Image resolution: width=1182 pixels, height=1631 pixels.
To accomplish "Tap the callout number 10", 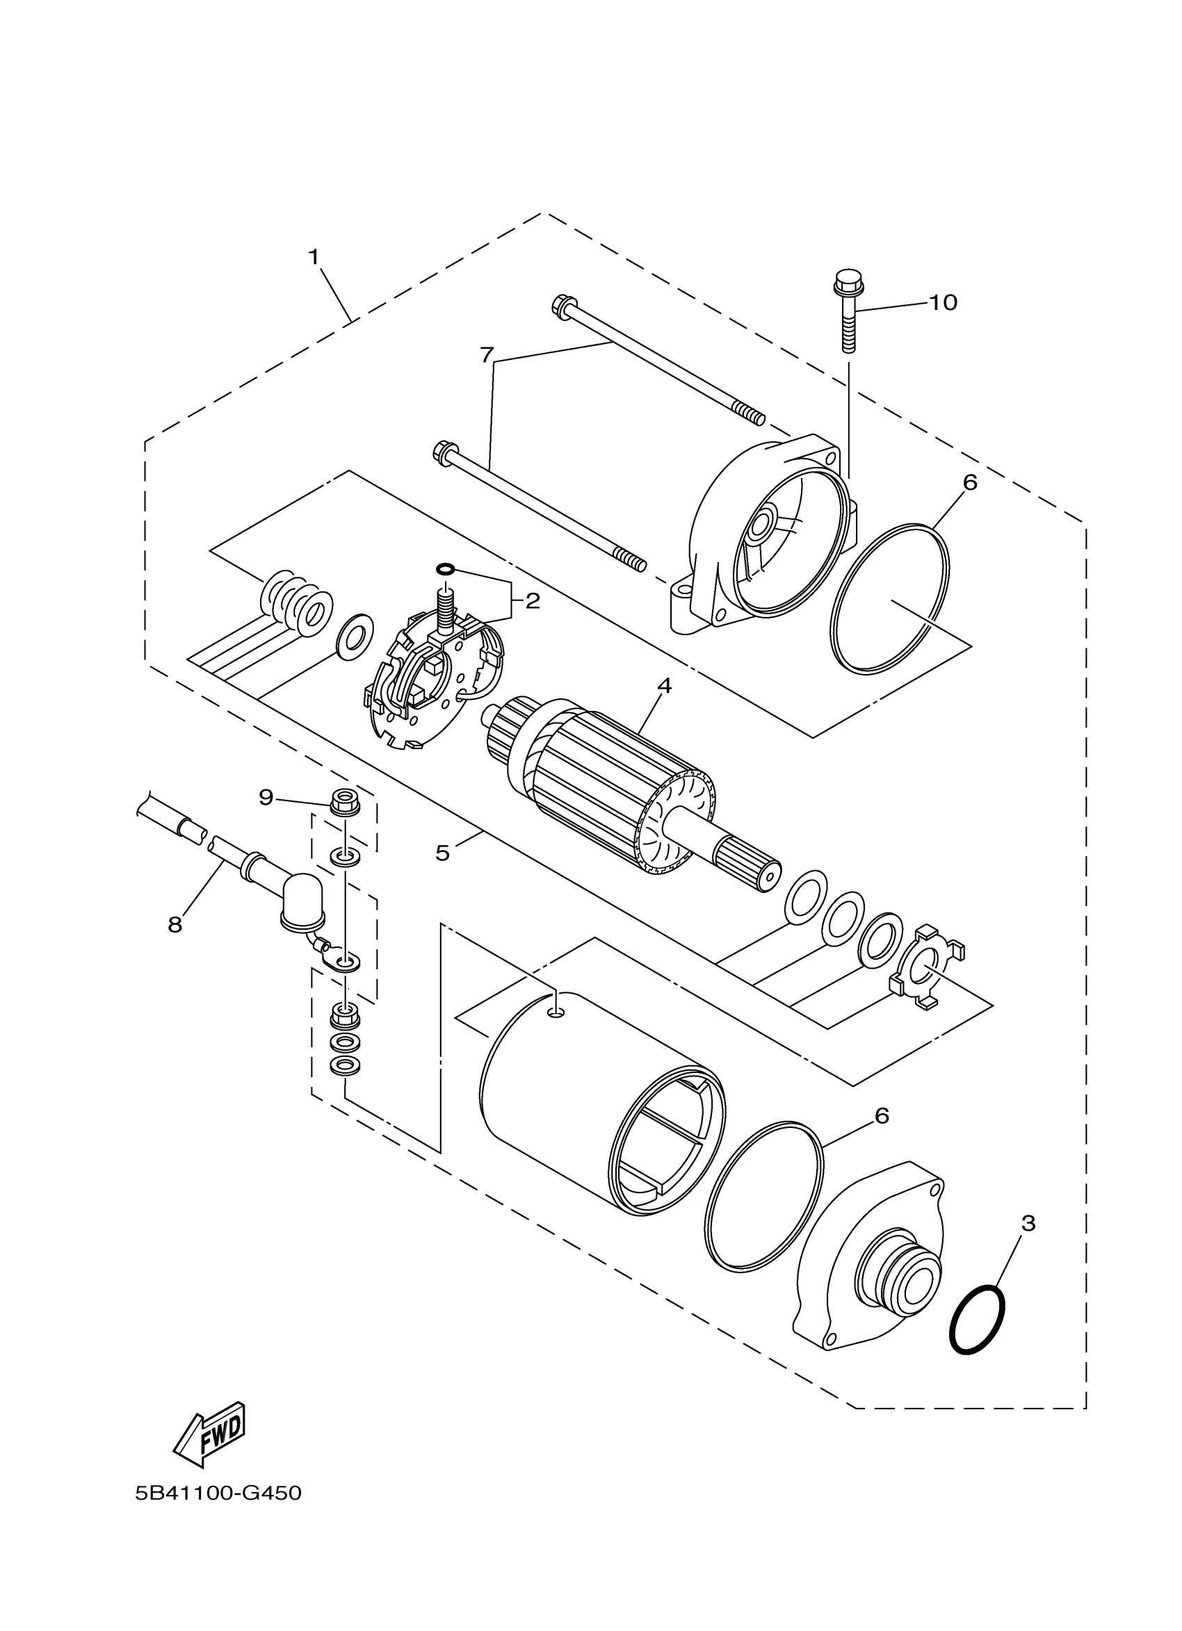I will (942, 303).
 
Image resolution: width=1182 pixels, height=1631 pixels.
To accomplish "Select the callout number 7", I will (487, 354).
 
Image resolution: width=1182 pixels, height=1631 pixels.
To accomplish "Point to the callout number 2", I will (533, 600).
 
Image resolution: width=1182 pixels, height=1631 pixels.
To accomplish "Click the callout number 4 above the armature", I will (664, 685).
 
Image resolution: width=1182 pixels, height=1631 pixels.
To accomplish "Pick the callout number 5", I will (442, 853).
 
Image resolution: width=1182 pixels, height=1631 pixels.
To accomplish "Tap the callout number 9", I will (266, 797).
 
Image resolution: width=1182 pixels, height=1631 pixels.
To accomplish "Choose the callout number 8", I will (175, 925).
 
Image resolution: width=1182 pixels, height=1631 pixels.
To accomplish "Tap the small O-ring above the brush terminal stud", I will (445, 569).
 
